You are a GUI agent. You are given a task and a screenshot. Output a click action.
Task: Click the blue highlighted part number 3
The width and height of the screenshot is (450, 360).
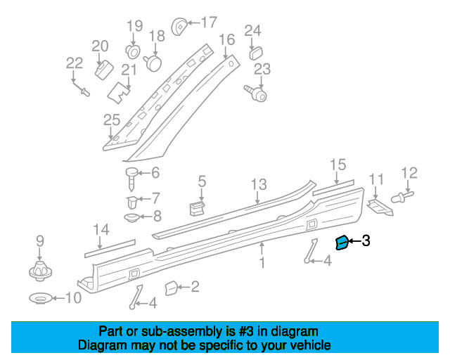342,243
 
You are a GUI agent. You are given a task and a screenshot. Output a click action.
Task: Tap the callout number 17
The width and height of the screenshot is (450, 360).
209,22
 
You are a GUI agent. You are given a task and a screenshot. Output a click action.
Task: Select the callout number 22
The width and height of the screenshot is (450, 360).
75,63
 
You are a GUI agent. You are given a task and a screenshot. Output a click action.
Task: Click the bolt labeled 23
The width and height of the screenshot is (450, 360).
257,91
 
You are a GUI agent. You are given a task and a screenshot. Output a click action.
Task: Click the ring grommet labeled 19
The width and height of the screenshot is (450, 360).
133,51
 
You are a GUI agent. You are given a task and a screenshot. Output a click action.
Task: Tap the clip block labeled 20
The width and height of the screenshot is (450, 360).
104,69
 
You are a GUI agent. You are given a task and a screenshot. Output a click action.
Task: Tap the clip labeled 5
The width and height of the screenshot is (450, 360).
198,207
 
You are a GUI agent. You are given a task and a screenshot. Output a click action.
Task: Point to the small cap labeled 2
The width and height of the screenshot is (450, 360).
170,288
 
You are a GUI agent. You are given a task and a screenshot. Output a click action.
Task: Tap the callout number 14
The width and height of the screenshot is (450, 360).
101,229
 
